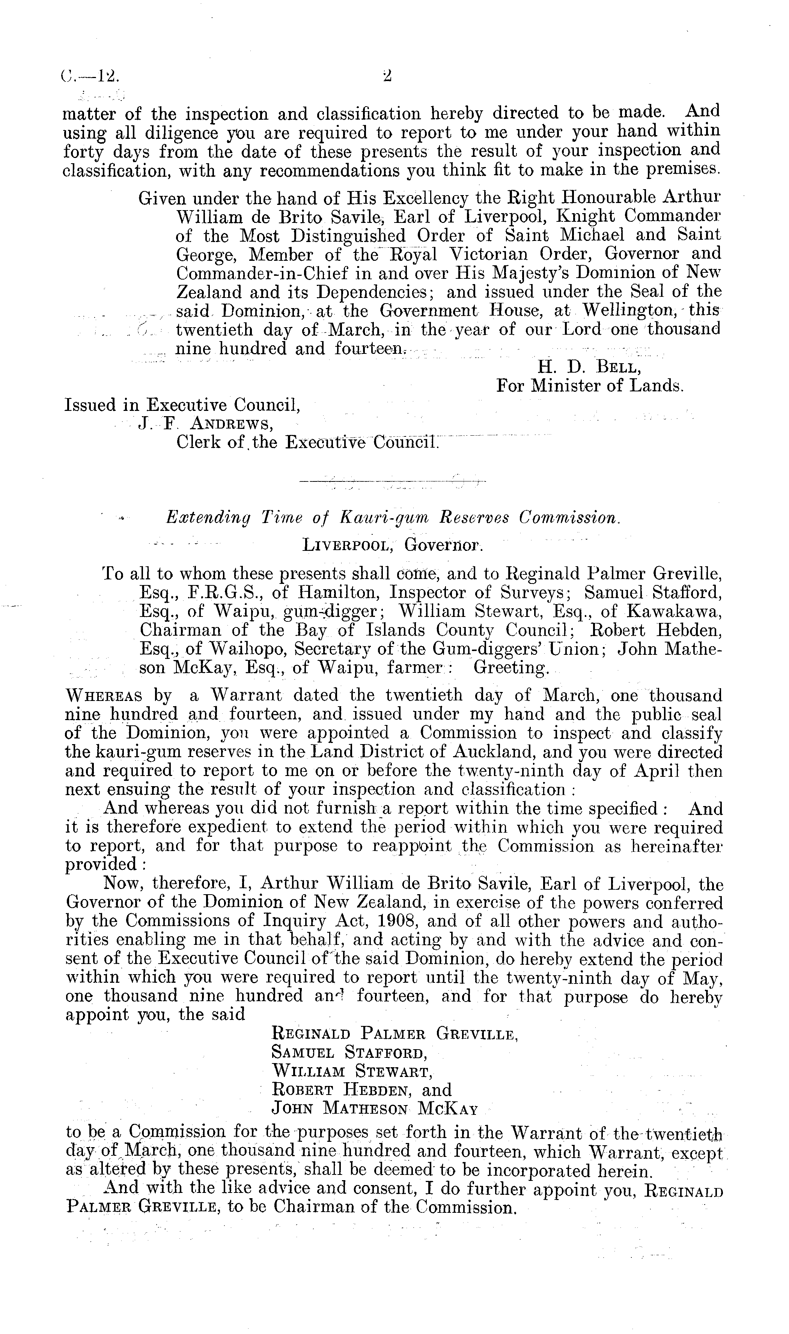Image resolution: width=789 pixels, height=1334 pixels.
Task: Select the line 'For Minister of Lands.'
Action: pyautogui.click(x=590, y=386)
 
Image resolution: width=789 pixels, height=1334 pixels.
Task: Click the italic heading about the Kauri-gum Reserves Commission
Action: pyautogui.click(x=393, y=518)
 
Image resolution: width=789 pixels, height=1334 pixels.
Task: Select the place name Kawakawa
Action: pyautogui.click(x=674, y=612)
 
